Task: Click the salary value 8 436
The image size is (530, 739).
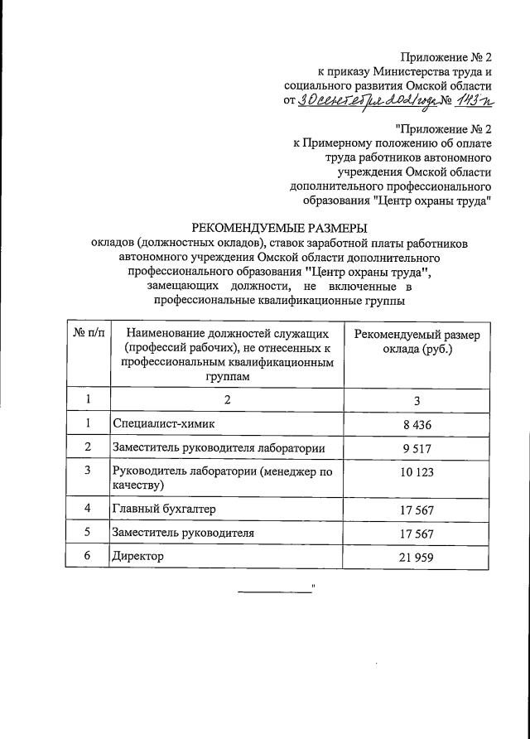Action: [417, 425]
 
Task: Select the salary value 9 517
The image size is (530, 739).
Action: [417, 449]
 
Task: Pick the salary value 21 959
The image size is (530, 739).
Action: [417, 557]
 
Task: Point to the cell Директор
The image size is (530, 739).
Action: [137, 556]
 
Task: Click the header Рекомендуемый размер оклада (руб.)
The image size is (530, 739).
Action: [417, 341]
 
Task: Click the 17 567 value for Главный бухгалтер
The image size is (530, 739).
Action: [417, 508]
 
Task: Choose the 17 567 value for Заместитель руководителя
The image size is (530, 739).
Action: [417, 532]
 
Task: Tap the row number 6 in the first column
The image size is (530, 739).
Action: [88, 556]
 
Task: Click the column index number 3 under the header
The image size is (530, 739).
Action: [417, 400]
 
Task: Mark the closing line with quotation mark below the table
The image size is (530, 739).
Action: [278, 590]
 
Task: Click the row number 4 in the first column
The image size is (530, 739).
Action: [88, 507]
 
